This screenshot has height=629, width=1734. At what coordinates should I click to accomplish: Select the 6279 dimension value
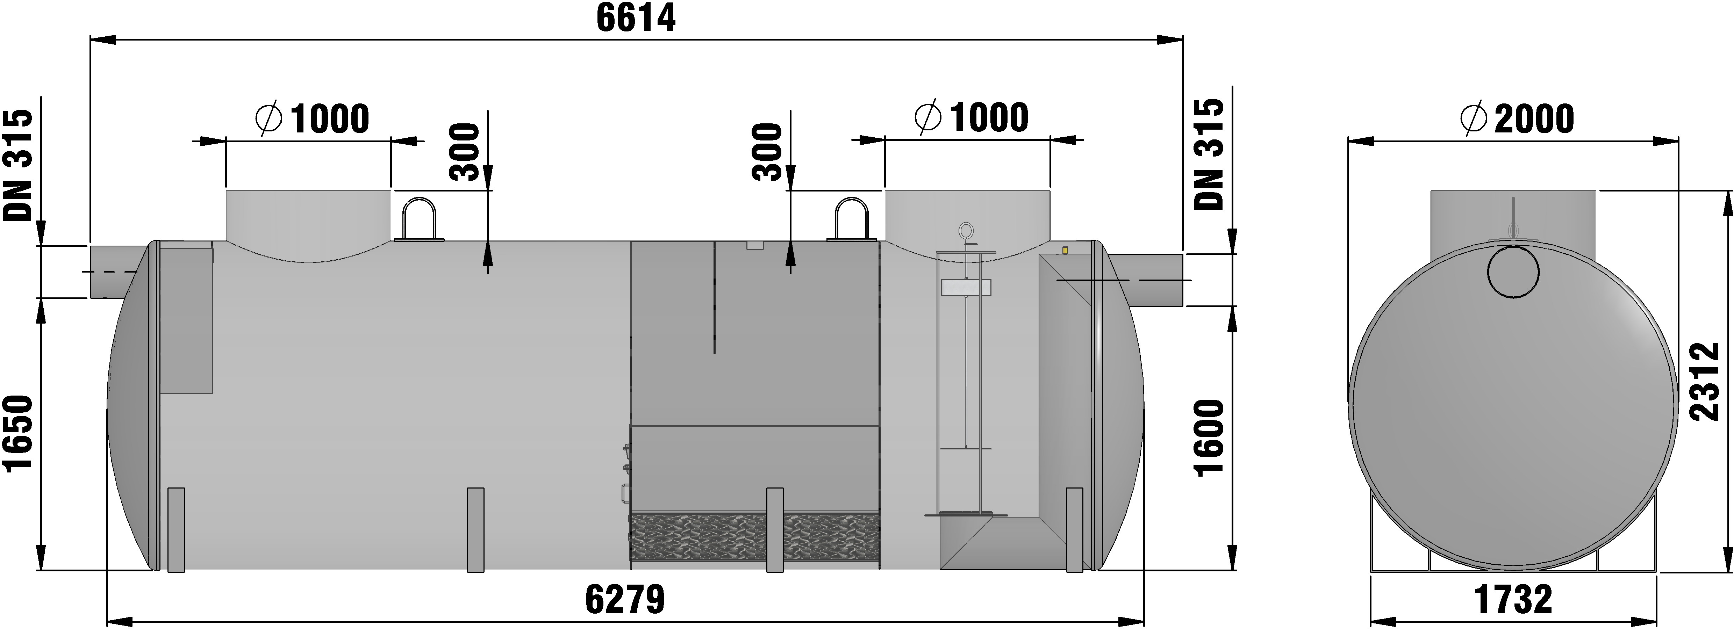pyautogui.click(x=625, y=599)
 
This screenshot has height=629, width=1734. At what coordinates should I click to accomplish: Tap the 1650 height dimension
pyautogui.click(x=18, y=435)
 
